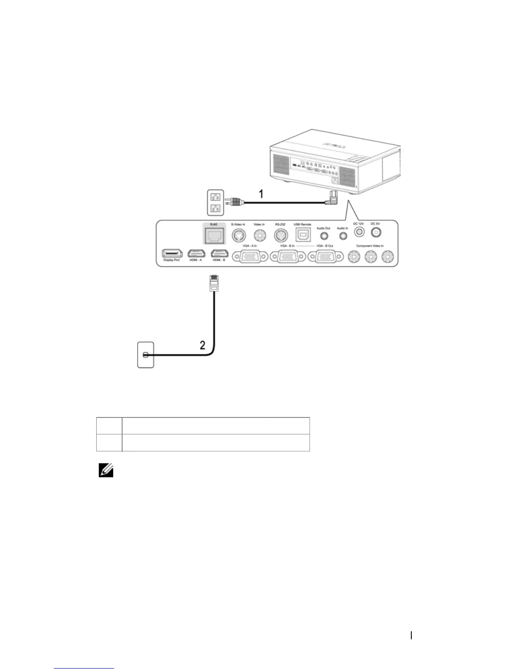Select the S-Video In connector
click(x=238, y=235)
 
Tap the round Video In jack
click(x=259, y=235)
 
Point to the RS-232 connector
click(x=280, y=235)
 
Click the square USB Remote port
click(x=302, y=235)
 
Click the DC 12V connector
click(x=359, y=232)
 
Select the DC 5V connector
click(x=375, y=232)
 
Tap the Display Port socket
click(x=172, y=253)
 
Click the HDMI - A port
click(x=195, y=253)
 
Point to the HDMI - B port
click(x=219, y=253)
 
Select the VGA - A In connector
click(x=249, y=256)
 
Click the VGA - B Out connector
click(x=326, y=256)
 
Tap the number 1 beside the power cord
click(x=262, y=194)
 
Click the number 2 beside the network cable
click(x=203, y=345)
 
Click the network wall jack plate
click(x=145, y=355)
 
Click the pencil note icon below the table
click(x=106, y=470)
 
